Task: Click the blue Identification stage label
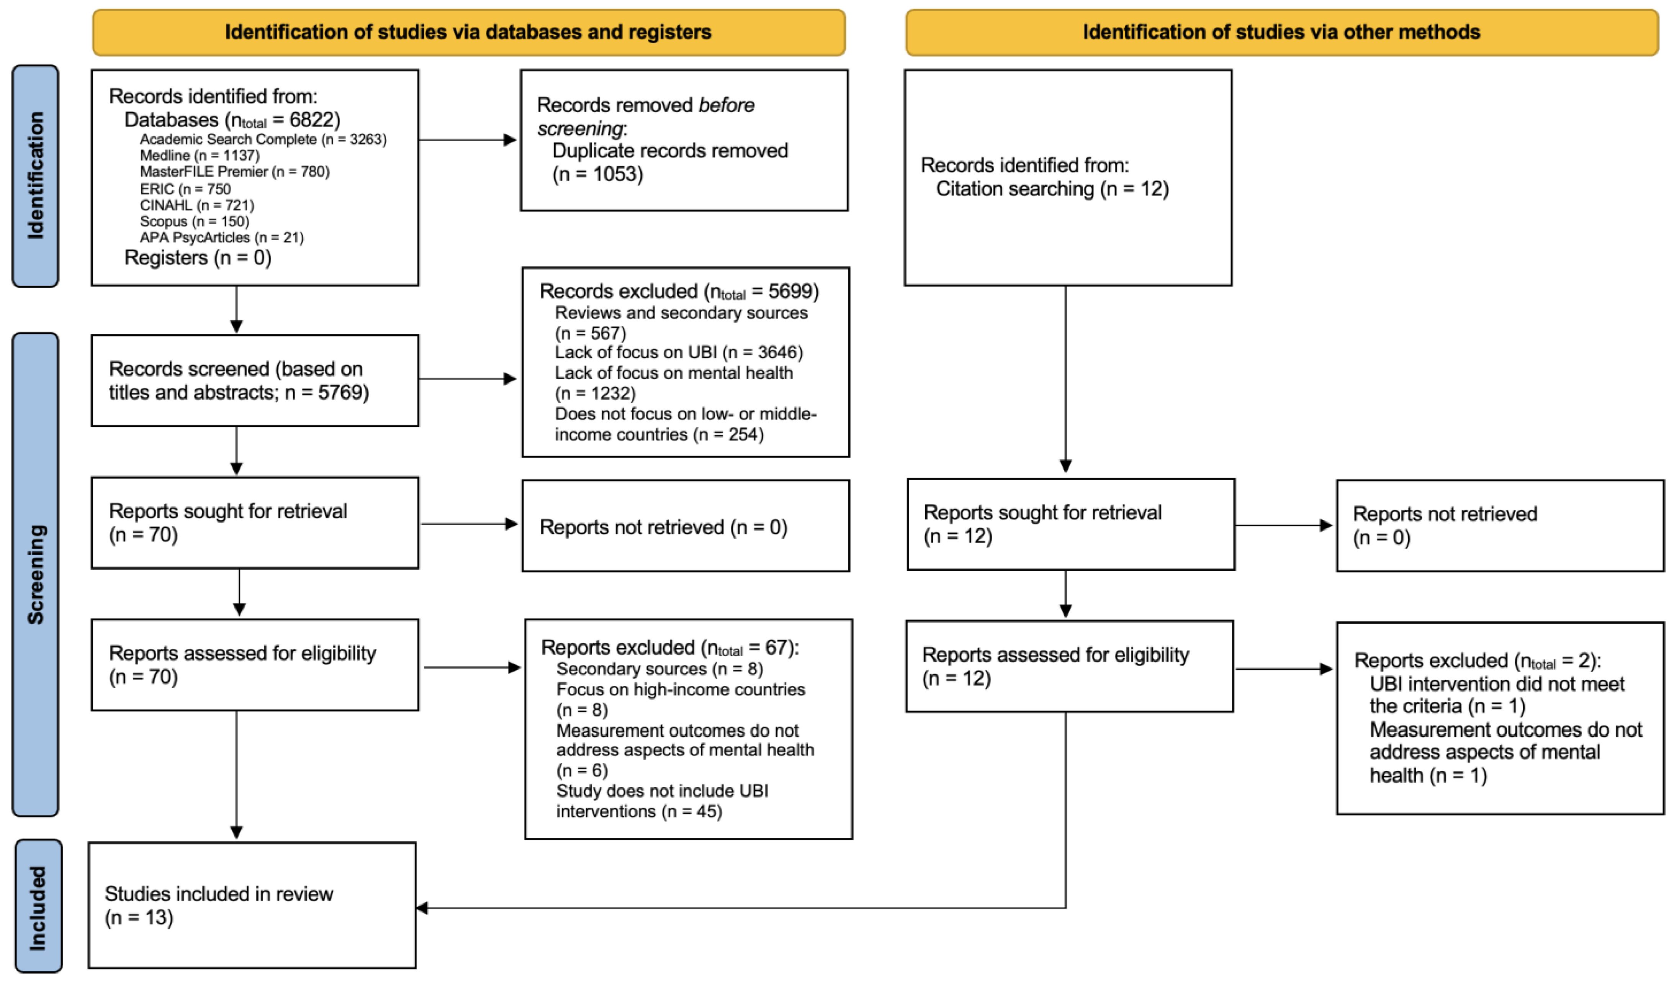pos(35,176)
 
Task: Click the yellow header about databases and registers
pos(468,32)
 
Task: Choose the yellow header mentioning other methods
pos(1281,32)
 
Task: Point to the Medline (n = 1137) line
pos(199,156)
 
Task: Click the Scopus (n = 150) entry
pos(195,221)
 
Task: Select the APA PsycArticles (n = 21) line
pos(222,237)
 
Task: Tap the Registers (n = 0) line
pos(198,258)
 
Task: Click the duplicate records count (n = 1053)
pos(598,175)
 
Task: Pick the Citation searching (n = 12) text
pos(1052,189)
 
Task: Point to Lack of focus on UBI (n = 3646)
pos(679,352)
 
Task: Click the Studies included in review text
pos(219,894)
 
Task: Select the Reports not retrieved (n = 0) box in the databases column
pos(686,526)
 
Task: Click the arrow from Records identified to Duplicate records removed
pos(468,139)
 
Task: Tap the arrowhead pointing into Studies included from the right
pos(422,908)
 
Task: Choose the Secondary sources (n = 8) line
pos(659,669)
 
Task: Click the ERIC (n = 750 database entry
pos(185,189)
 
